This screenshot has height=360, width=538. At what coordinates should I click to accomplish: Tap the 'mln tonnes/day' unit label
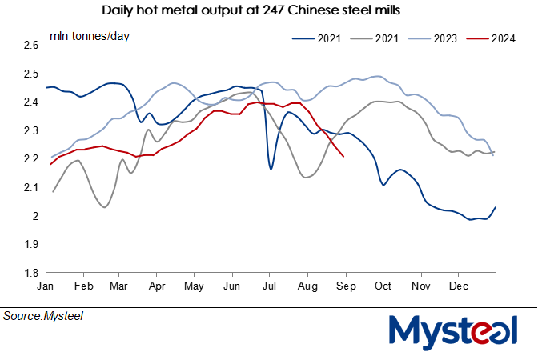pos(90,36)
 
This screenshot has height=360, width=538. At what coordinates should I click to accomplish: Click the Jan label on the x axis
pos(45,285)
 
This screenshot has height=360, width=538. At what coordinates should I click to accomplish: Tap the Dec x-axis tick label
pos(458,285)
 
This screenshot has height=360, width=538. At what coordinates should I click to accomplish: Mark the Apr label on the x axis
pos(157,285)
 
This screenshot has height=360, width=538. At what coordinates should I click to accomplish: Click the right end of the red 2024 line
pos(343,157)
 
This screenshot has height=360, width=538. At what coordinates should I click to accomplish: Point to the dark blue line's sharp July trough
pos(271,169)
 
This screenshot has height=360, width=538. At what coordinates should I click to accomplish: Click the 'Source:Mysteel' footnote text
pos(43,316)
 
